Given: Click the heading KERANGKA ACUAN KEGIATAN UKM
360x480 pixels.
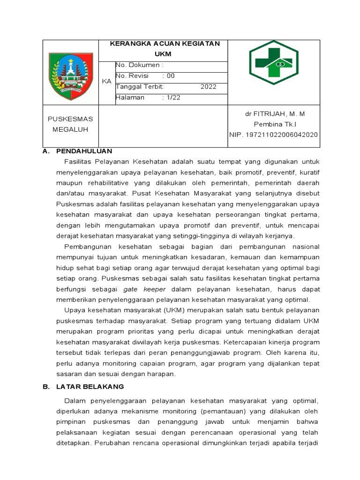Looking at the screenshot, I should [164, 49].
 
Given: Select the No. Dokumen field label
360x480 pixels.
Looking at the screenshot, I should [139, 65].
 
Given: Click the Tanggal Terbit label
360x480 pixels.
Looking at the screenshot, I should [139, 87].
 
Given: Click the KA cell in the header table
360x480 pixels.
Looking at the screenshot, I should [107, 81].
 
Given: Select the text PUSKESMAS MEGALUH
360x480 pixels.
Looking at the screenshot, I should [71, 124].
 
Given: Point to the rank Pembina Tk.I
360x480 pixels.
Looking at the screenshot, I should [275, 124].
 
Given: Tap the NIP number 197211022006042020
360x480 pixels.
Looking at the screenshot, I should [273, 135].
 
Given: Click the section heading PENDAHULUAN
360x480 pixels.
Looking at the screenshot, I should [84, 151].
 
